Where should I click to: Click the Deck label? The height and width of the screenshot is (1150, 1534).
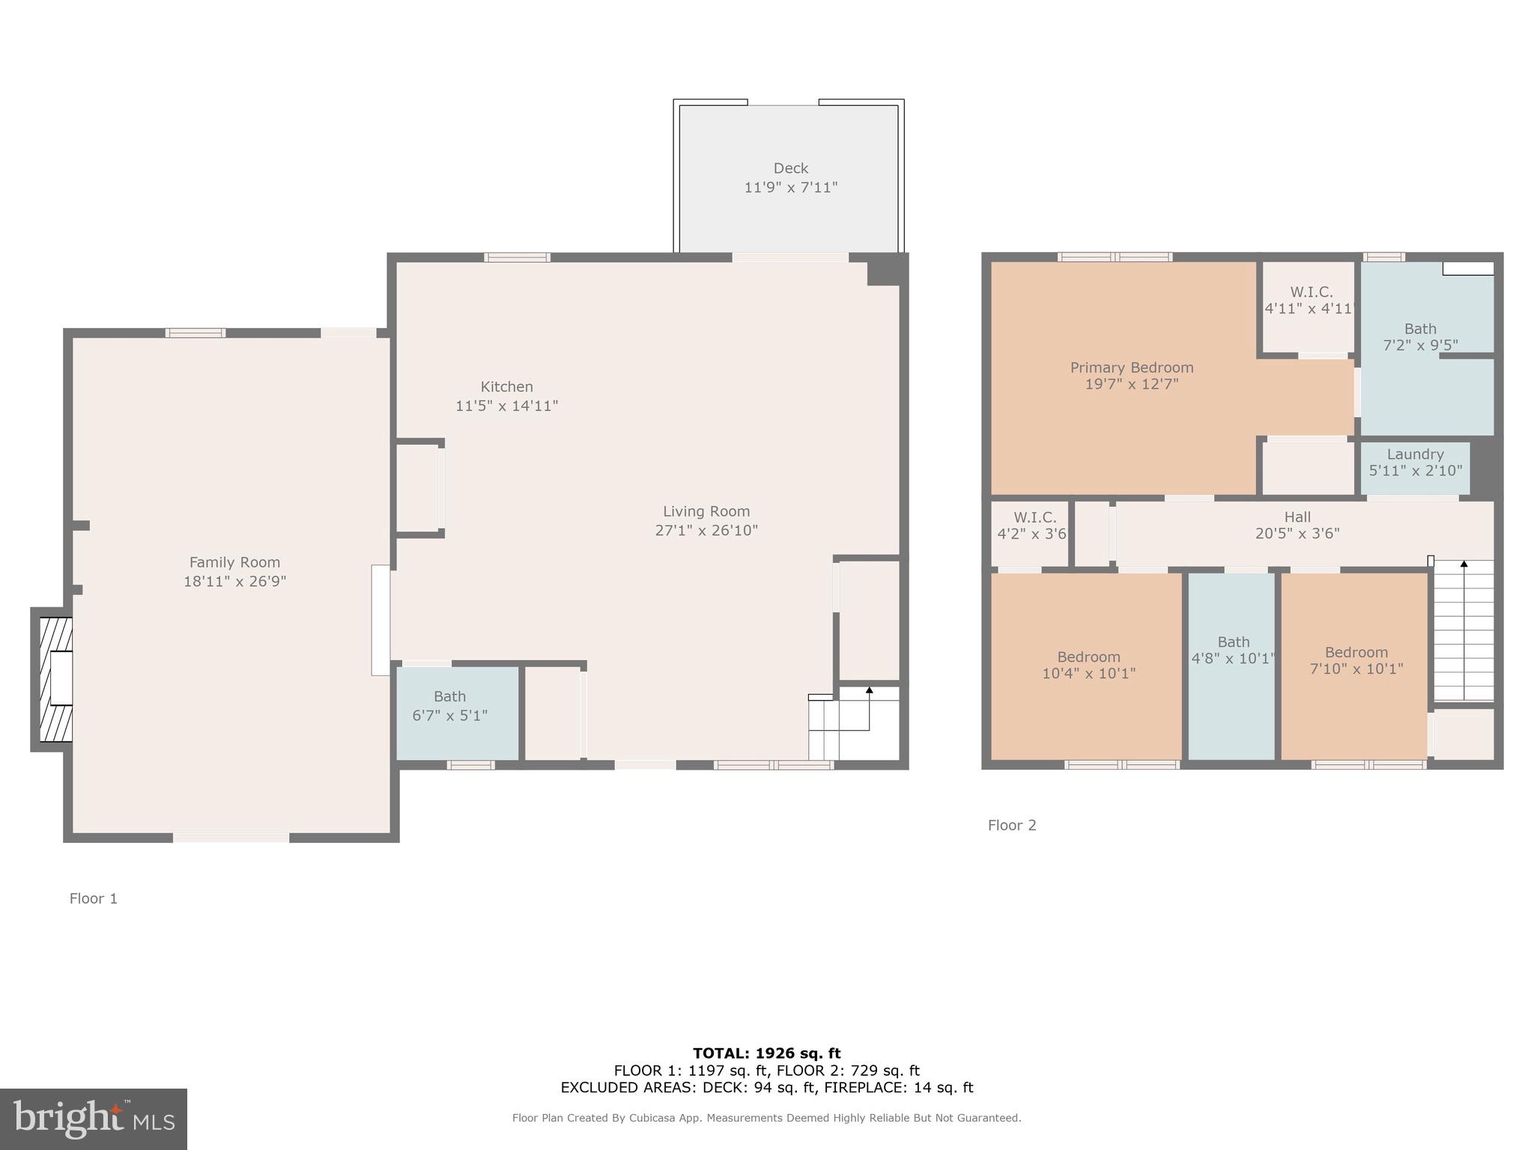coord(790,168)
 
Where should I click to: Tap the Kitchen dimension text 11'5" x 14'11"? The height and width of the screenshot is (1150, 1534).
coord(506,406)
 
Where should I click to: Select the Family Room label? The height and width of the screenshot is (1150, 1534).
coord(234,562)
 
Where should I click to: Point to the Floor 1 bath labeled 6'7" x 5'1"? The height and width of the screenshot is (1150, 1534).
coord(449,706)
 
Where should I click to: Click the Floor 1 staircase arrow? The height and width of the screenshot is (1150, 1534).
coord(869,690)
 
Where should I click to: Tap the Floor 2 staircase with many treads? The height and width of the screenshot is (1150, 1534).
coord(1464,633)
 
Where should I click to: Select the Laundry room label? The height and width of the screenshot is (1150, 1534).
coord(1415,454)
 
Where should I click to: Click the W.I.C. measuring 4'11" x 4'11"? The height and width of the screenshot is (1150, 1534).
coord(1311,300)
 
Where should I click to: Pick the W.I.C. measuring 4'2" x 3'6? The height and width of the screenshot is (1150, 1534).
coord(1031,526)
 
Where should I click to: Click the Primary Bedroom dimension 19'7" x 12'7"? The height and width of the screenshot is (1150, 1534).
coord(1131,384)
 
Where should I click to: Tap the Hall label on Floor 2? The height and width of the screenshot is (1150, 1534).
coord(1297,517)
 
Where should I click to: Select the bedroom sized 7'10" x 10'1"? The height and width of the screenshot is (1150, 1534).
coord(1356,660)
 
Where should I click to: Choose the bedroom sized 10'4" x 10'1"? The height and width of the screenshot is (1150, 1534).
coord(1088,665)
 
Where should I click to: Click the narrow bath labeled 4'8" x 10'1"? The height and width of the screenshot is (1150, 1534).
coord(1233,650)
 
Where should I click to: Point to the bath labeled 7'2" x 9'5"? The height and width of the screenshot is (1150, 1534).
coord(1420,337)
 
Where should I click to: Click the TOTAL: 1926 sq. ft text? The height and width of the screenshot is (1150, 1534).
coord(766,1053)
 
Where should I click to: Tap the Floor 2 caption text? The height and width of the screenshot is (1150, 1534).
coord(1011,825)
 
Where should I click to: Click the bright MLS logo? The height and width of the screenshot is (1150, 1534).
coord(93,1119)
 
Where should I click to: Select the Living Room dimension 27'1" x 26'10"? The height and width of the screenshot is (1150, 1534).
coord(706,531)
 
